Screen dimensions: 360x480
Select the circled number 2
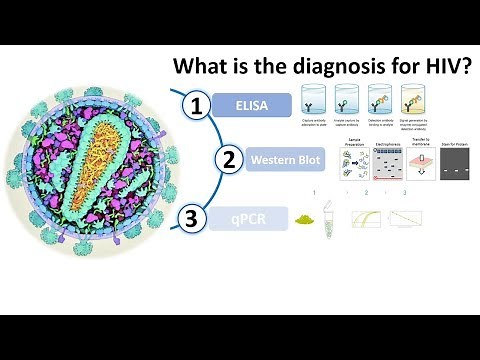pyautogui.click(x=229, y=159)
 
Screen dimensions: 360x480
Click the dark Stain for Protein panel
pyautogui.click(x=456, y=166)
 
